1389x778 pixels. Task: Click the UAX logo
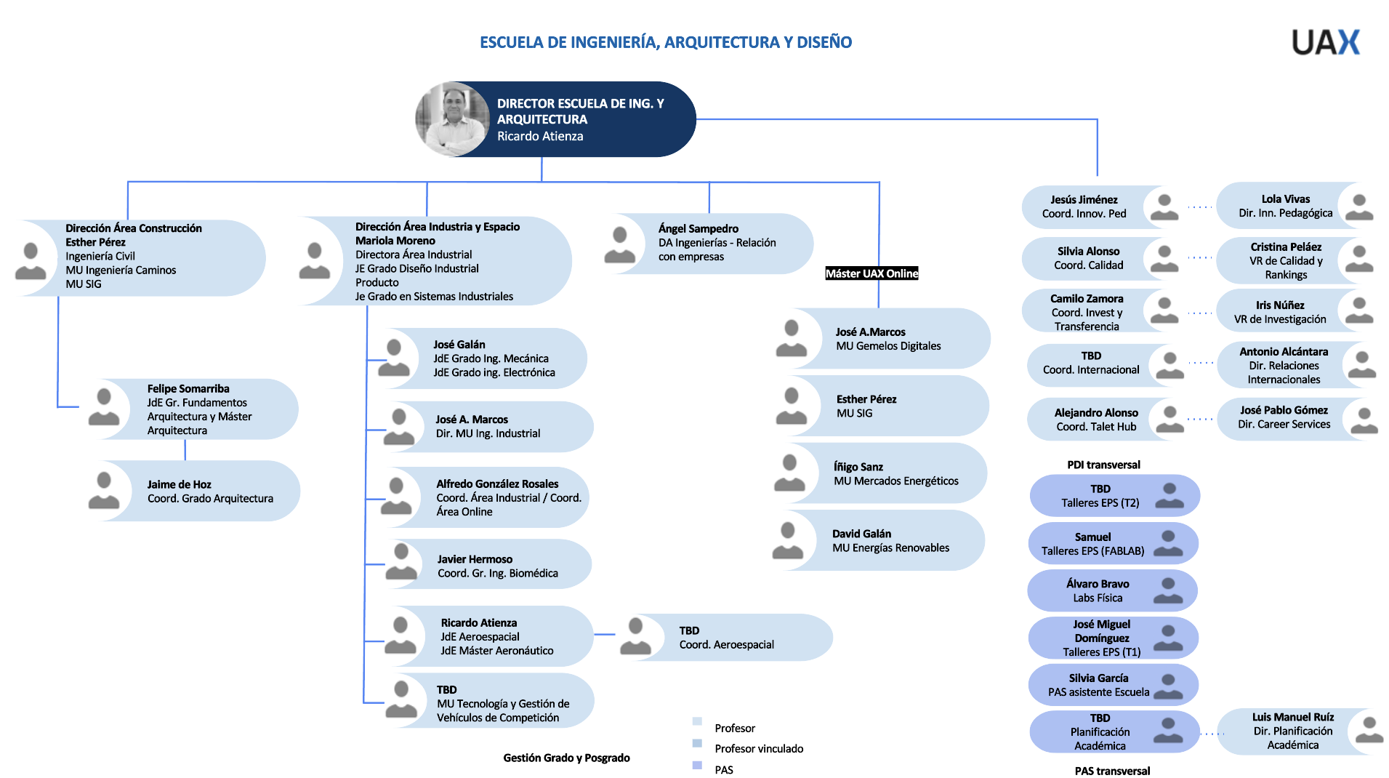pos(1325,42)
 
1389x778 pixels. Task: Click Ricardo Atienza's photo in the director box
pos(452,119)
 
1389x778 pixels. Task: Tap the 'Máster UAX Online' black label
pos(871,273)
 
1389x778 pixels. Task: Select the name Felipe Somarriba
pos(188,389)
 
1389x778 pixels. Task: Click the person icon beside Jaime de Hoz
pos(104,491)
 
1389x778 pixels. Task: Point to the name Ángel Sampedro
pos(698,229)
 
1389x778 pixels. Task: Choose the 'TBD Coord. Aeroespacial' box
pos(734,638)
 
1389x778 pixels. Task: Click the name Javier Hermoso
pos(475,559)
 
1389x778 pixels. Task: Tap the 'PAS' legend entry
pos(723,770)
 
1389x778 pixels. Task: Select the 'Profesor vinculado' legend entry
pos(758,749)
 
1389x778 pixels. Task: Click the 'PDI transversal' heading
pos(1103,465)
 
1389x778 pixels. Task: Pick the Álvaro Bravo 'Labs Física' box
pos(1111,590)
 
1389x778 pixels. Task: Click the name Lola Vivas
pos(1285,199)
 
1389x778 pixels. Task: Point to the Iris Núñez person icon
pos(1358,311)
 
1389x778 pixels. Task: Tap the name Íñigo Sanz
pos(858,467)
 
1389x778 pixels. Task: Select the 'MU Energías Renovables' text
pos(890,548)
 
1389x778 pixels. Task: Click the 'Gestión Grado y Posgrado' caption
pos(566,758)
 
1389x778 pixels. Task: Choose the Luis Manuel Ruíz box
pos(1293,731)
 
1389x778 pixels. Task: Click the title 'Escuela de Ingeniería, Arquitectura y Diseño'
pos(665,42)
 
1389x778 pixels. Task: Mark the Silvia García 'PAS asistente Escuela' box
pos(1111,685)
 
